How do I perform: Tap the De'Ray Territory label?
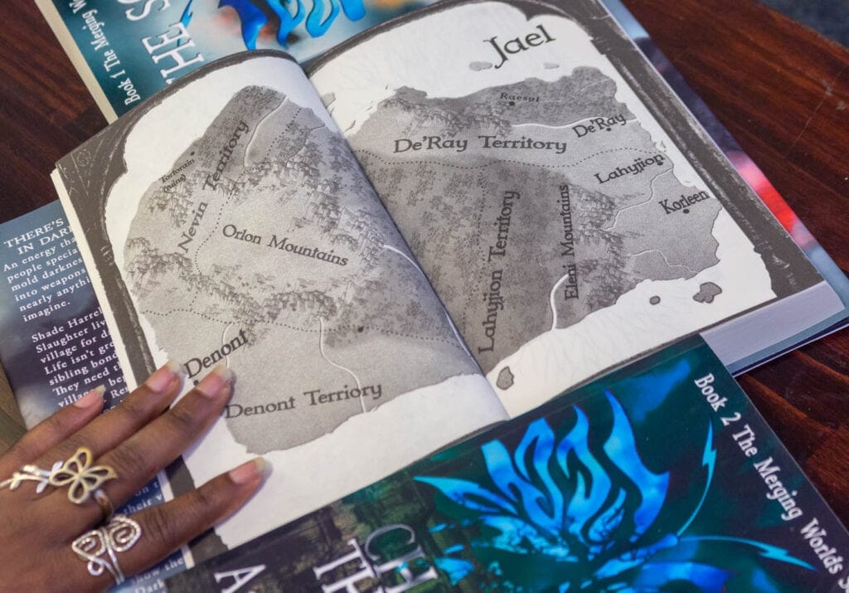coord(478,143)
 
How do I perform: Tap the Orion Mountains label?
coord(284,245)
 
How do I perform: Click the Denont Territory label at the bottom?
coord(303,399)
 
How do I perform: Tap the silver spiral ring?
coord(105,543)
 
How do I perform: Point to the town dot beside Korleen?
coord(686,211)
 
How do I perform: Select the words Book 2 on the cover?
coord(706,394)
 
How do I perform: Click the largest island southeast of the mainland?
coord(706,292)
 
